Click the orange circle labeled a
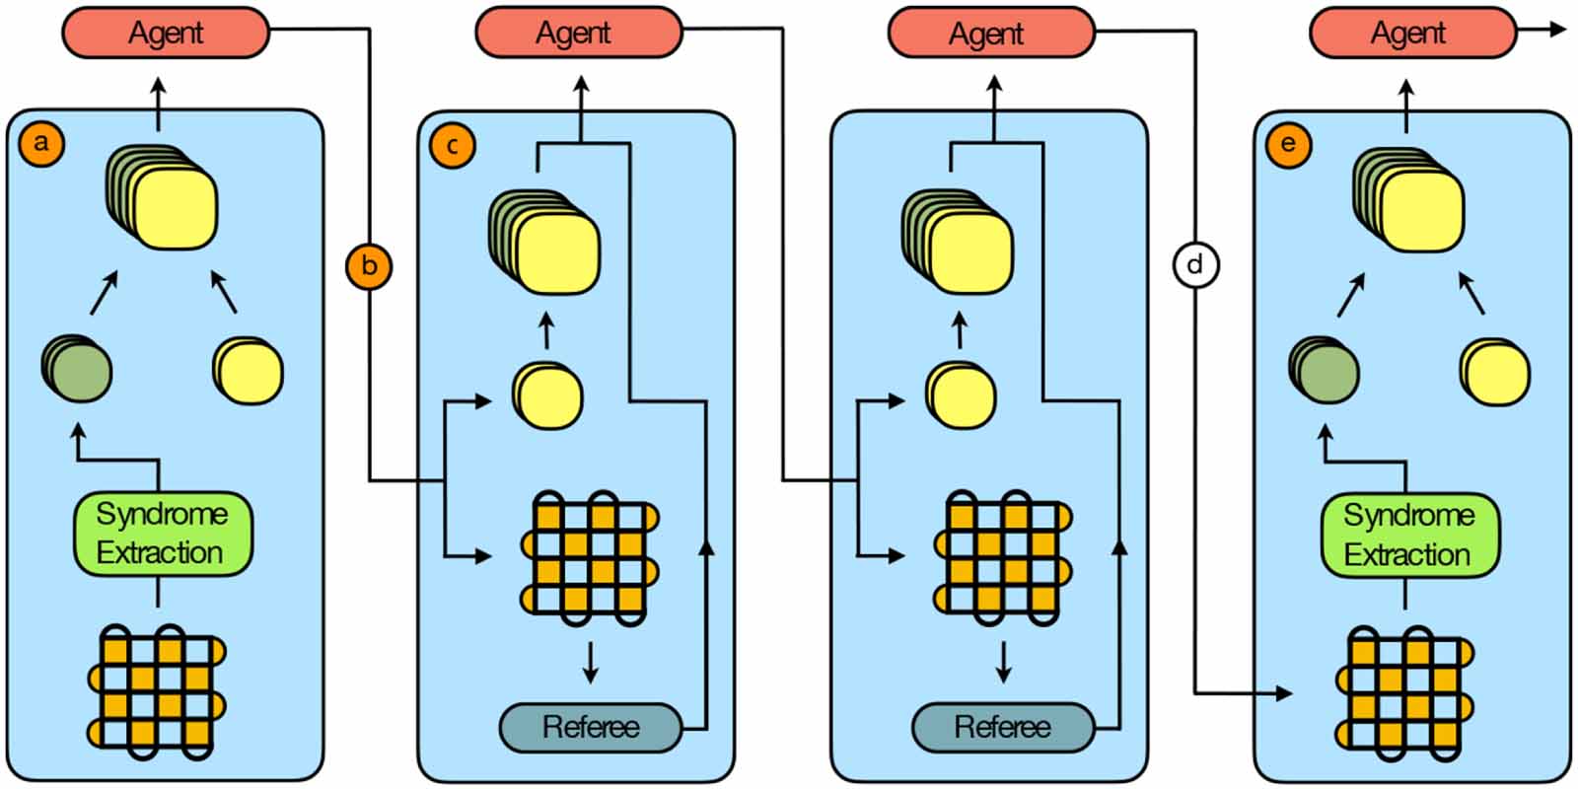click(40, 143)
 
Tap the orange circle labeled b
click(369, 266)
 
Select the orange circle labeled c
click(453, 146)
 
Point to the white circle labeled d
click(1194, 265)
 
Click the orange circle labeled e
click(1288, 144)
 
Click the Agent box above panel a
click(166, 33)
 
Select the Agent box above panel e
click(1411, 33)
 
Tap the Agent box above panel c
click(578, 33)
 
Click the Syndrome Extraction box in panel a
click(163, 534)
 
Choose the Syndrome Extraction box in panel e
click(1410, 536)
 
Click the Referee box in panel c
click(590, 728)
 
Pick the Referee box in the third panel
click(1003, 728)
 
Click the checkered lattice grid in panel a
click(158, 691)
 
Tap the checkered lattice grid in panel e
click(1405, 693)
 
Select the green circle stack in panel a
click(77, 369)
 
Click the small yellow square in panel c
click(547, 395)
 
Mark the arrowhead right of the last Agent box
click(1557, 30)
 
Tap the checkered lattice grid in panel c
click(590, 558)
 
